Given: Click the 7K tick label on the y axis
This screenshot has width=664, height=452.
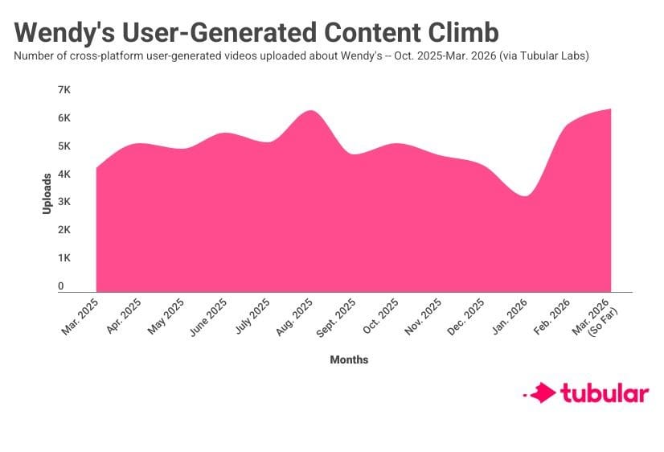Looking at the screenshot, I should click(x=65, y=89).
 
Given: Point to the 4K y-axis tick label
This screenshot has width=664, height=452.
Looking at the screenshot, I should click(x=65, y=174).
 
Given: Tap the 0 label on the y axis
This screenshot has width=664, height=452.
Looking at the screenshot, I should click(x=60, y=286).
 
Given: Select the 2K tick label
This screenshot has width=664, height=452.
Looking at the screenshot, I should click(x=65, y=230).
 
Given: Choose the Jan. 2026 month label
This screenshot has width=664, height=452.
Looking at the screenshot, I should click(x=509, y=316).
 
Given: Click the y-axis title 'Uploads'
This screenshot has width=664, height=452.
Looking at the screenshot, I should click(x=47, y=192).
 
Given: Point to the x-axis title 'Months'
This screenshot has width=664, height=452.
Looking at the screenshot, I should click(x=349, y=360).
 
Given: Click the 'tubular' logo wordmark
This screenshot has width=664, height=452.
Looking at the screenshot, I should click(x=605, y=393).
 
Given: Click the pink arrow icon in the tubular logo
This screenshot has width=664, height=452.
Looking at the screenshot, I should click(x=544, y=393).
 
